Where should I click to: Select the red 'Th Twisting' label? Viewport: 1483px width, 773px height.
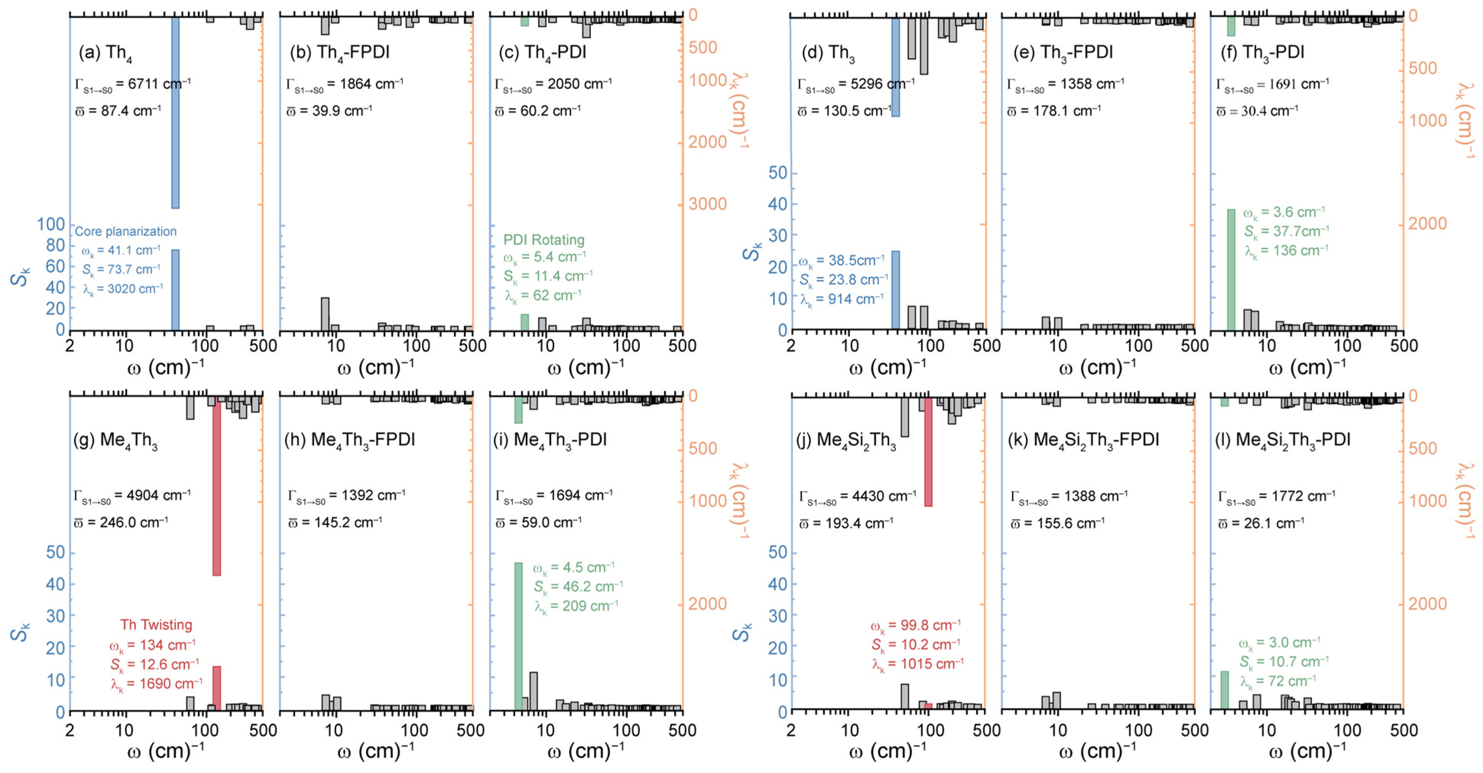pyautogui.click(x=156, y=625)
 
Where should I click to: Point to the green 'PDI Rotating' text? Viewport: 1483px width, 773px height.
pyautogui.click(x=544, y=240)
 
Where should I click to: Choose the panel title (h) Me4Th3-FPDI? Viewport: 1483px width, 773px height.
pyautogui.click(x=349, y=440)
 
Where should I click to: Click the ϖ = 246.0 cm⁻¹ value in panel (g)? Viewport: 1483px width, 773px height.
pyautogui.click(x=121, y=523)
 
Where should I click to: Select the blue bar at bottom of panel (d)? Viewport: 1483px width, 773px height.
pyautogui.click(x=895, y=290)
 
